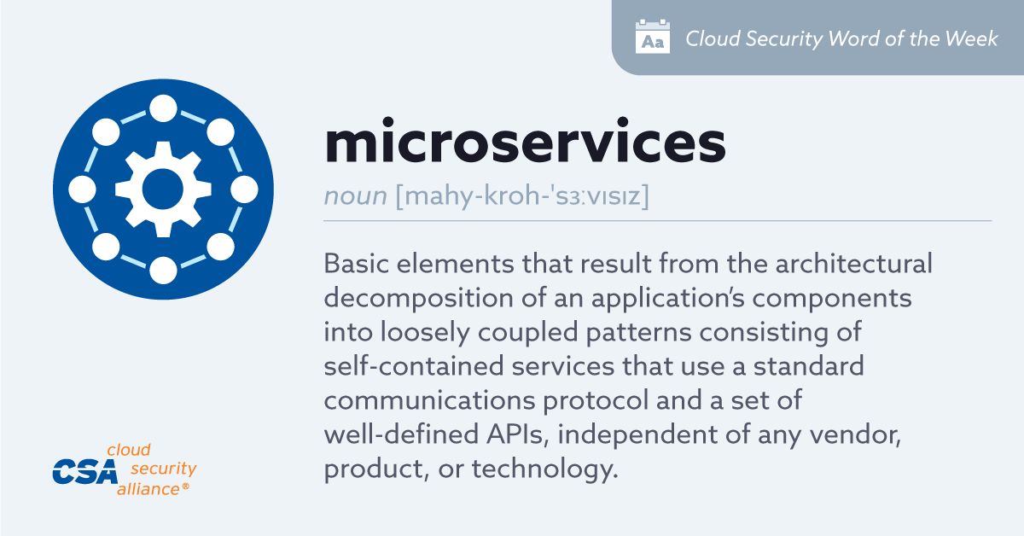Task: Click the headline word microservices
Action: [x=525, y=141]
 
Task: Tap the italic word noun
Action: [x=356, y=195]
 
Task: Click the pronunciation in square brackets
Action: [x=522, y=195]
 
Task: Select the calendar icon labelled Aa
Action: [x=653, y=37]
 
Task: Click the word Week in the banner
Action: [x=971, y=38]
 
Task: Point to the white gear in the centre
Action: [x=163, y=189]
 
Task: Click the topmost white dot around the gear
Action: [x=163, y=108]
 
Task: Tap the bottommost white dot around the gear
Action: [x=163, y=271]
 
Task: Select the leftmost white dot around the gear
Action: [x=82, y=189]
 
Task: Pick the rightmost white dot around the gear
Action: [x=244, y=189]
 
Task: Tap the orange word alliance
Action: [x=148, y=489]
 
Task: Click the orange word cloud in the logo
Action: [x=129, y=450]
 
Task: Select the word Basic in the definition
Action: [x=356, y=264]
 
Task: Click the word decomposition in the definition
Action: [x=419, y=299]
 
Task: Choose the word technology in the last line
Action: [x=545, y=469]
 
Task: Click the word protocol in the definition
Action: [x=596, y=401]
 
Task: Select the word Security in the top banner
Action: [x=784, y=39]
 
